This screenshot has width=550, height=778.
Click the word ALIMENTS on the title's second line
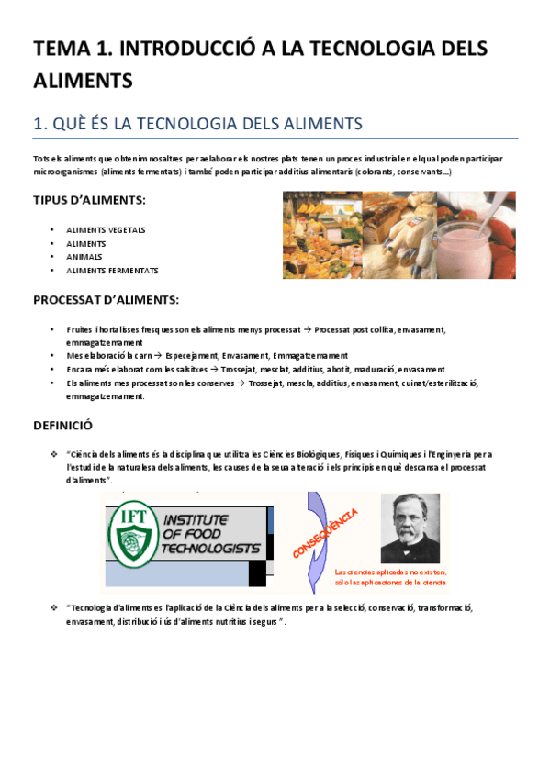[84, 81]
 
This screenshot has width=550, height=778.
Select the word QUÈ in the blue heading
[73, 124]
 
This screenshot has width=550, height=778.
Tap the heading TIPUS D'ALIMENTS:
[90, 200]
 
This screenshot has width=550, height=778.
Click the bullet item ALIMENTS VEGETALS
[106, 229]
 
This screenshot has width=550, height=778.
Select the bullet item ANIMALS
[84, 257]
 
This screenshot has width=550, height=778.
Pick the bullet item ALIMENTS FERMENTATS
[112, 271]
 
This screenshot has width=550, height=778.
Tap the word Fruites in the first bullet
[80, 328]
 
